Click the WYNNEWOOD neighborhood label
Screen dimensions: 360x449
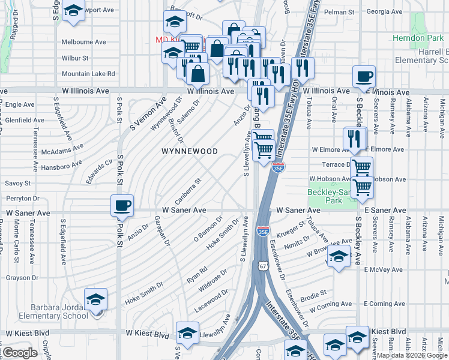190,151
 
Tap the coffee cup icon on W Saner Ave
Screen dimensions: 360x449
122,205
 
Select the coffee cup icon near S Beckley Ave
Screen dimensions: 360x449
364,76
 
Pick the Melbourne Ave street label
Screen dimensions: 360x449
84,42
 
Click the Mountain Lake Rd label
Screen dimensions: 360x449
88,74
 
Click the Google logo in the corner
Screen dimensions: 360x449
20,353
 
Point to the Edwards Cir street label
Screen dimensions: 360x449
100,166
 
